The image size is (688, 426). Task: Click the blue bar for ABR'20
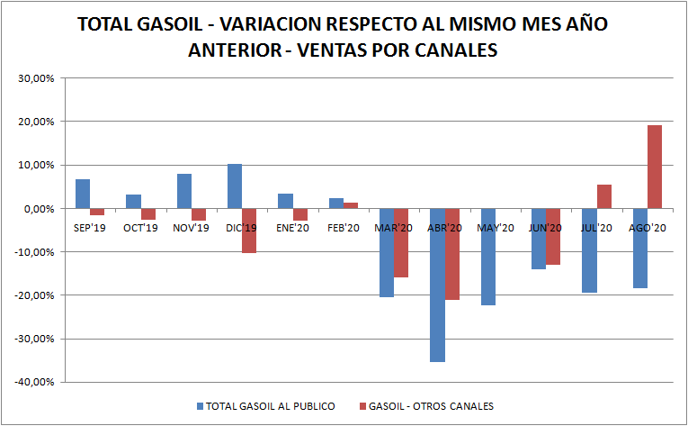pyautogui.click(x=437, y=285)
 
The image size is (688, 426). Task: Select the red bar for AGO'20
pyautogui.click(x=655, y=167)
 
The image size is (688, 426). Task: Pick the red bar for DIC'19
pyautogui.click(x=249, y=231)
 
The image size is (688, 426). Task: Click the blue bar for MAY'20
pyautogui.click(x=487, y=257)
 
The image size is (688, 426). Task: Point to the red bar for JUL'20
pyautogui.click(x=604, y=196)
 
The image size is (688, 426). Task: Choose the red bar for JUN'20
pyautogui.click(x=553, y=236)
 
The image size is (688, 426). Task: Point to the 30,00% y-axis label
pyautogui.click(x=37, y=78)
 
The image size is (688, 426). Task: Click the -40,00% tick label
pyautogui.click(x=35, y=382)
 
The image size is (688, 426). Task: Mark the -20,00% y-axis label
pyautogui.click(x=35, y=295)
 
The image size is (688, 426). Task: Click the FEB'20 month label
pyautogui.click(x=342, y=228)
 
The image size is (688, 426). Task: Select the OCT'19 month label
pyautogui.click(x=140, y=228)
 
